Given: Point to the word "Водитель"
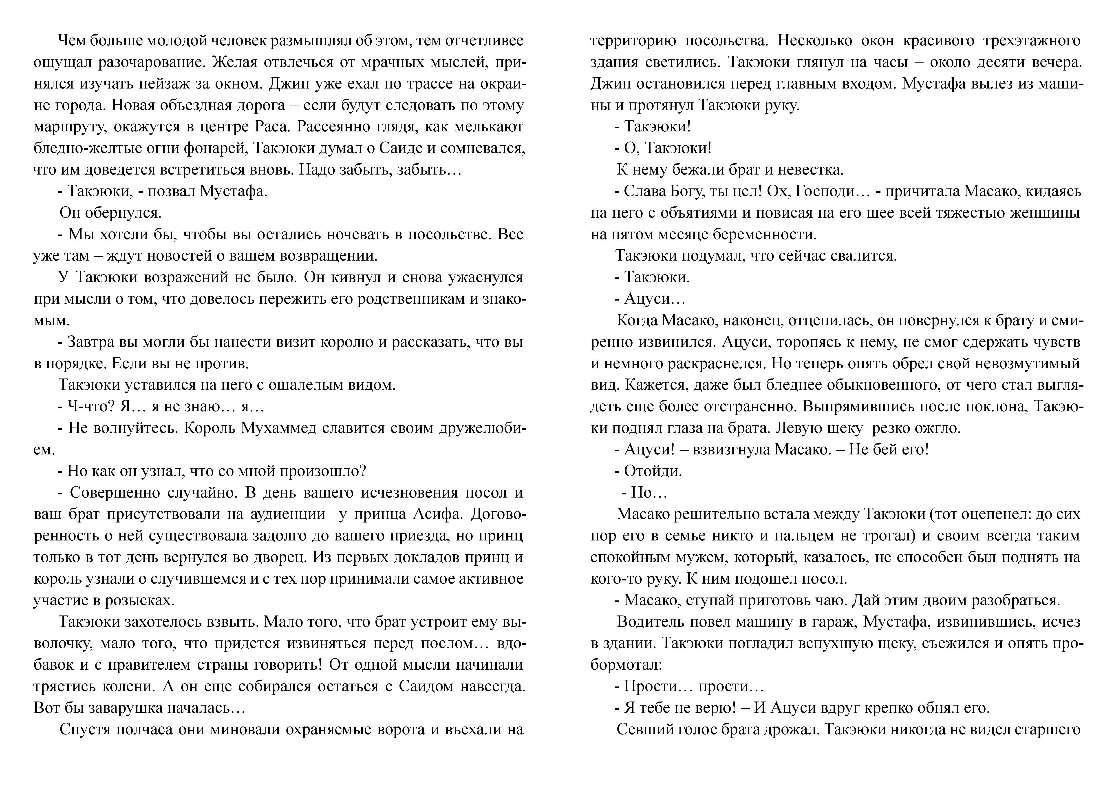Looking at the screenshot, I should (650, 622).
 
